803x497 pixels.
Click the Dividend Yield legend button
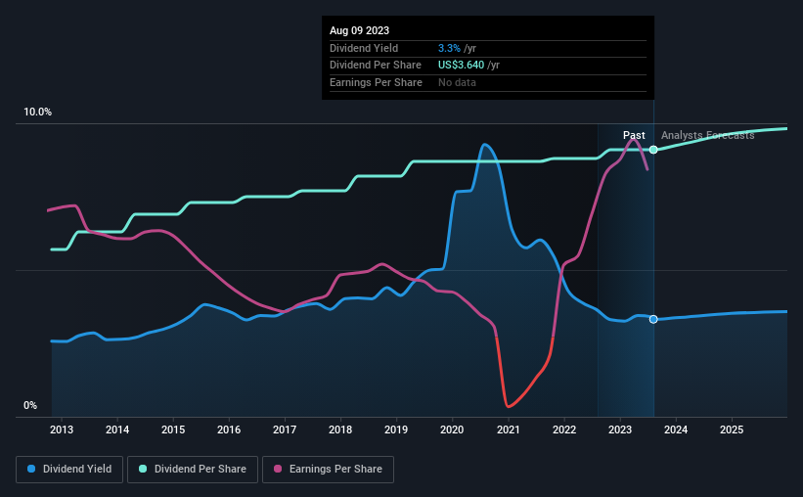click(69, 469)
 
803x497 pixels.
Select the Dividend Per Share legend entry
click(193, 469)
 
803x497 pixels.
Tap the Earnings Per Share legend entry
click(328, 469)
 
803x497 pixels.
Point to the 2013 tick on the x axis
click(62, 429)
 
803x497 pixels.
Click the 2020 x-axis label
click(452, 429)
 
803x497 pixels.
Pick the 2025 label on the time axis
click(732, 429)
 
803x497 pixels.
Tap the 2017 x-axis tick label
click(285, 429)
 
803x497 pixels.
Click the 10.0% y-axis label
click(37, 113)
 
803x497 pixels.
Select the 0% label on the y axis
click(30, 405)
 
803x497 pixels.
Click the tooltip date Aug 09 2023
click(359, 30)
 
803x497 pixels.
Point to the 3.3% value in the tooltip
click(449, 48)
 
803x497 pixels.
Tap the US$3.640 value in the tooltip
click(461, 66)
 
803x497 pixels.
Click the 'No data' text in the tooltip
click(457, 82)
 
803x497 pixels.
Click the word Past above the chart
click(634, 135)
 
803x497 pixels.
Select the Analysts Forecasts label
click(708, 135)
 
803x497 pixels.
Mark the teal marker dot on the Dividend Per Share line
click(653, 150)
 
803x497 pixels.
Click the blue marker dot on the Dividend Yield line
click(653, 319)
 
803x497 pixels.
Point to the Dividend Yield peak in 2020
click(484, 145)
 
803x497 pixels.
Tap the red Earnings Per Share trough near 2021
click(508, 406)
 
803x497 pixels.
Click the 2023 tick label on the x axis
click(620, 429)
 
